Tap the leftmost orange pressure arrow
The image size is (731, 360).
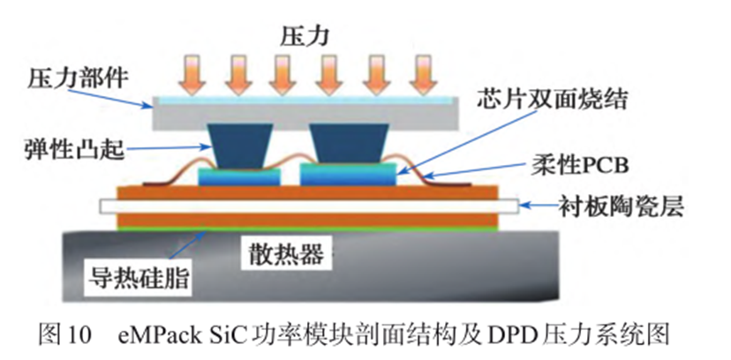point(188,71)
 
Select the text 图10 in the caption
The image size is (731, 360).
point(66,335)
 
